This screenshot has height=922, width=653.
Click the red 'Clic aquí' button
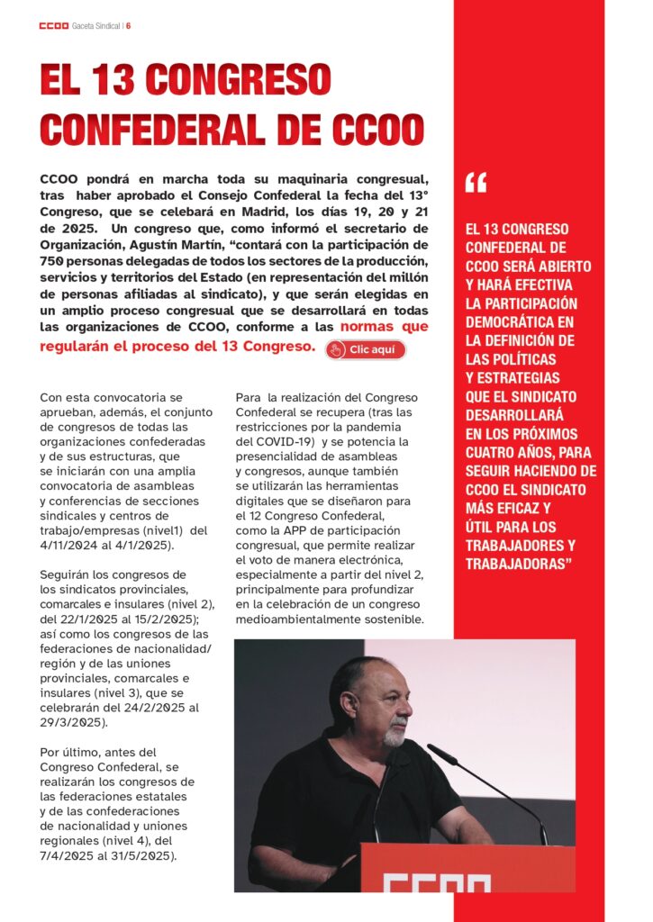(366, 349)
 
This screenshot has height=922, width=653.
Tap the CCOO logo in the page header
(54, 25)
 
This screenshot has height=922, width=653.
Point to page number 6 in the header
(129, 25)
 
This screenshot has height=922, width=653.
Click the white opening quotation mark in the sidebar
(476, 184)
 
